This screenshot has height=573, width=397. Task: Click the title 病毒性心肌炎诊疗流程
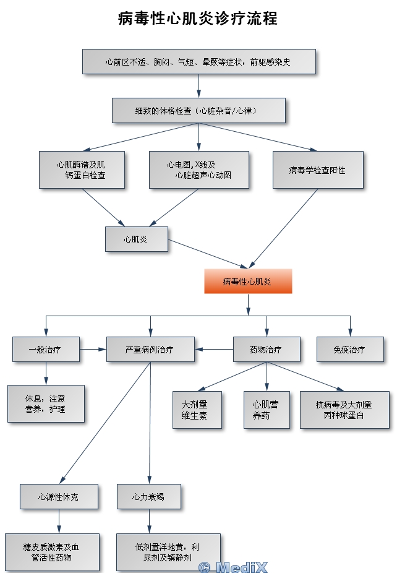(x=198, y=18)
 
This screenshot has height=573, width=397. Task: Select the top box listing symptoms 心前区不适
(x=198, y=62)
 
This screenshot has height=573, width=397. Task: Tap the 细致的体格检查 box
(x=198, y=110)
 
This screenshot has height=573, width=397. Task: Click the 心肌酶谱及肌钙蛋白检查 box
(x=82, y=170)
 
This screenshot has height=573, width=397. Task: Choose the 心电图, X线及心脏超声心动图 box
(x=198, y=170)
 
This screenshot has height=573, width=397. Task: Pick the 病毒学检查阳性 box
(x=318, y=170)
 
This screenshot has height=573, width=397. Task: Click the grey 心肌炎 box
(x=136, y=238)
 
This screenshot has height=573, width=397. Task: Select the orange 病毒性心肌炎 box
(x=248, y=282)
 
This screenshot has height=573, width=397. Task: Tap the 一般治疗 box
(x=45, y=349)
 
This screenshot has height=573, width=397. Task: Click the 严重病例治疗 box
(x=150, y=349)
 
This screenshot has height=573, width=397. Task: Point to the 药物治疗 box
(x=266, y=349)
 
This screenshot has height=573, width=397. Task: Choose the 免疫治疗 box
(x=349, y=349)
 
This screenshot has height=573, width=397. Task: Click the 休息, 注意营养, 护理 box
(x=46, y=403)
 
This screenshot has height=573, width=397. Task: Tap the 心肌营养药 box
(x=266, y=410)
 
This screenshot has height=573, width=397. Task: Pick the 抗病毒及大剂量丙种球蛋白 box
(x=344, y=410)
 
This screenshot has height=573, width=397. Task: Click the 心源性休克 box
(x=59, y=496)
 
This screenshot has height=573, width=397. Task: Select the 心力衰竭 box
(x=148, y=496)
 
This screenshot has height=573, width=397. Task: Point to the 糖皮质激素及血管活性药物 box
(x=52, y=552)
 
